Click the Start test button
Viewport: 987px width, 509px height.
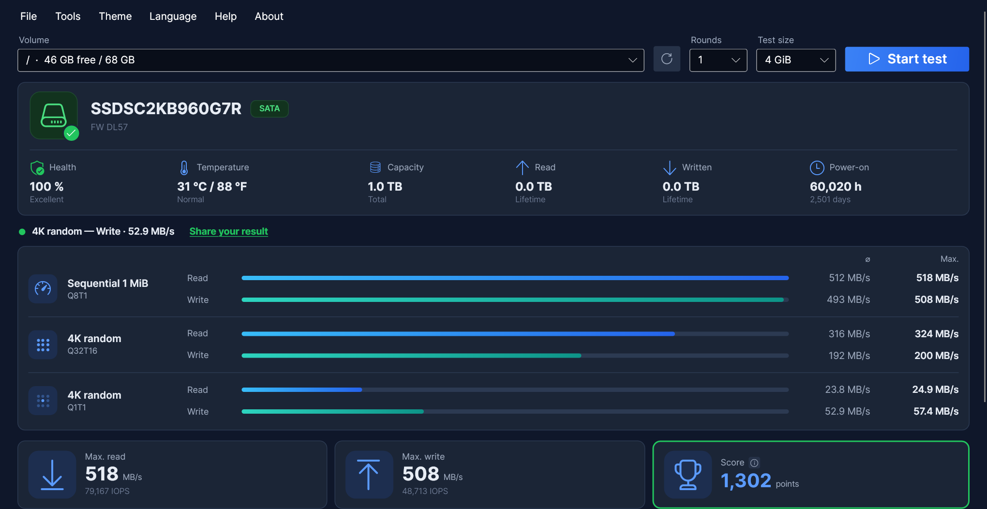point(907,59)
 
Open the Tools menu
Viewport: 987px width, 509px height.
point(68,16)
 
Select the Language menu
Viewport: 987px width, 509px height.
point(173,16)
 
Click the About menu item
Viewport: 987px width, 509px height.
point(269,16)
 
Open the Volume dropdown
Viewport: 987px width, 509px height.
point(331,60)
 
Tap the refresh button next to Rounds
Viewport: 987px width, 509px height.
point(667,59)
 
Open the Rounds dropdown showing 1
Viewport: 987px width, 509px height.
point(718,60)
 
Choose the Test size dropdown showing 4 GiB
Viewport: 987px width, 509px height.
point(796,60)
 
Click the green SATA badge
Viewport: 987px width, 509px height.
point(269,108)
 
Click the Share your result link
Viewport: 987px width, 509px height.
point(228,231)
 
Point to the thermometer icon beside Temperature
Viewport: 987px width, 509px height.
point(184,167)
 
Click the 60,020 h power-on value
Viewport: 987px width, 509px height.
point(836,186)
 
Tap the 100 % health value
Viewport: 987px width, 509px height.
point(46,186)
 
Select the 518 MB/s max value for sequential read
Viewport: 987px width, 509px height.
point(937,278)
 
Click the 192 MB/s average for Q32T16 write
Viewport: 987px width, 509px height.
point(849,356)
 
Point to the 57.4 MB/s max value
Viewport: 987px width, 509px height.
point(936,411)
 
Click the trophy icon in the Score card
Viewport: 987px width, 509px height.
point(688,475)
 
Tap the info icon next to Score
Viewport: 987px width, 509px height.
point(754,463)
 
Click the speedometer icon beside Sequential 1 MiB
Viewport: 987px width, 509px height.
point(43,289)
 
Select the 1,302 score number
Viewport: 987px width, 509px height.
point(746,480)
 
